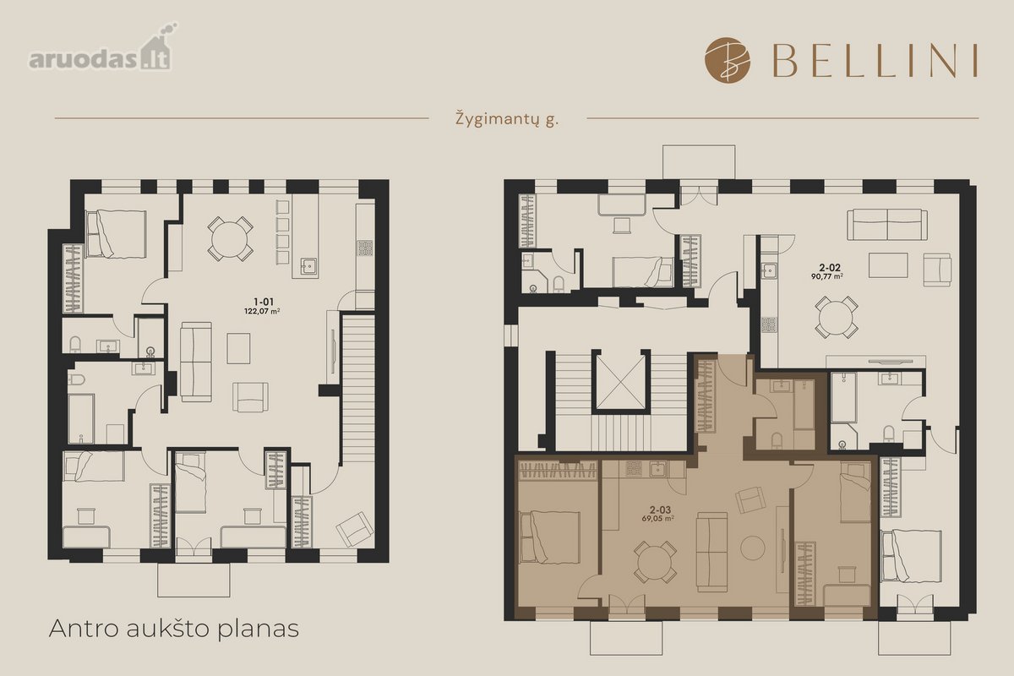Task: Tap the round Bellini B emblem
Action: tap(728, 60)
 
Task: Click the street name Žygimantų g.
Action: tap(507, 120)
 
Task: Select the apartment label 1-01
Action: tap(264, 302)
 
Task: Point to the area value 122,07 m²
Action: tap(262, 311)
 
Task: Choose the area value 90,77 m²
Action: tap(827, 276)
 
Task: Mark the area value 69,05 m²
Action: tap(657, 519)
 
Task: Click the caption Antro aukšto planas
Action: tap(174, 629)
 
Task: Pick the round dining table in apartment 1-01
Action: tap(230, 238)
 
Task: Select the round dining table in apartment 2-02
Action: tap(837, 317)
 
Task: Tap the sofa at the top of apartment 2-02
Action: tap(886, 225)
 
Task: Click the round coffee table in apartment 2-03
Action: tap(753, 548)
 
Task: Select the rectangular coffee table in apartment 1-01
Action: tap(238, 348)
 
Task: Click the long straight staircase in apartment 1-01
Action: tap(358, 390)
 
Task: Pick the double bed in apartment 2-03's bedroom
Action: tap(550, 537)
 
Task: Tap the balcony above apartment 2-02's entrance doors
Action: tap(699, 161)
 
